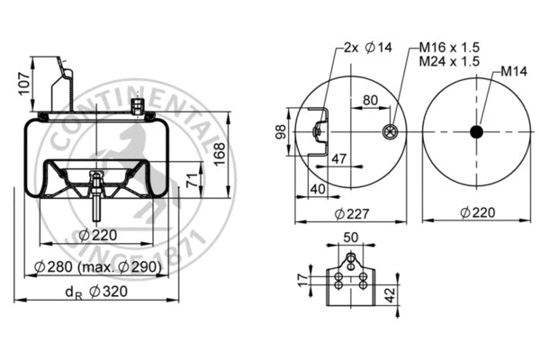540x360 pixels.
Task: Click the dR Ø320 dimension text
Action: click(96, 292)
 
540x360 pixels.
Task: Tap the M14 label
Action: click(513, 70)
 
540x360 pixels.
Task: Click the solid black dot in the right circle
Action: click(476, 132)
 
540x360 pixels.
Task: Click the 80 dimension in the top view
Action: click(369, 101)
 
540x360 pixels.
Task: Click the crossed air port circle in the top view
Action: click(389, 132)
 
